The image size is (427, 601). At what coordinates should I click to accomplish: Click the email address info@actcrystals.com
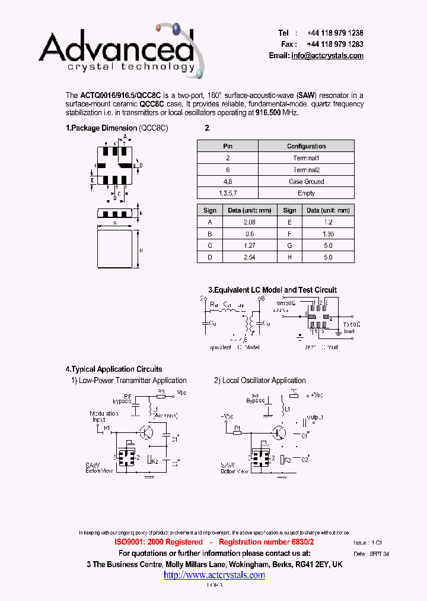(x=327, y=55)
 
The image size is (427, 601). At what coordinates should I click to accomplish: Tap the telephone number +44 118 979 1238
(x=335, y=33)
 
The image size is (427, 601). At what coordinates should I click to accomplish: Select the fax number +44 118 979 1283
(x=335, y=44)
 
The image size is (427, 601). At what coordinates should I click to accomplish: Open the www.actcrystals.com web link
(x=214, y=575)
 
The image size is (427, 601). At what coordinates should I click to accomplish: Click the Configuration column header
(x=306, y=146)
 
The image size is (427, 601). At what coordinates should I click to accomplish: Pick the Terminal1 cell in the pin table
(x=306, y=158)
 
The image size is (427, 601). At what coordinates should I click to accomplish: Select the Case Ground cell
(x=306, y=182)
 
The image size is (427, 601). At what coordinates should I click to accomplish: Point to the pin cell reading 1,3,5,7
(x=228, y=193)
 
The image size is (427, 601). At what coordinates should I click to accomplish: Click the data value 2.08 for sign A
(x=249, y=222)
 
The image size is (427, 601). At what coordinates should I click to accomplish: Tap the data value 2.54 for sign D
(x=249, y=257)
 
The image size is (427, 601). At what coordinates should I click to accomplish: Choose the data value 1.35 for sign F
(x=327, y=234)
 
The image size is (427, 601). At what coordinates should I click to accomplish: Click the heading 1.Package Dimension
(x=101, y=128)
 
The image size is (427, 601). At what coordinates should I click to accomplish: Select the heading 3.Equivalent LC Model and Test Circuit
(x=272, y=290)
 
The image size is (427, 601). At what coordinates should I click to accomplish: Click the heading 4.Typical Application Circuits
(x=113, y=369)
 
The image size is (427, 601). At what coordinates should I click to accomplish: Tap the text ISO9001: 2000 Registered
(x=158, y=542)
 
